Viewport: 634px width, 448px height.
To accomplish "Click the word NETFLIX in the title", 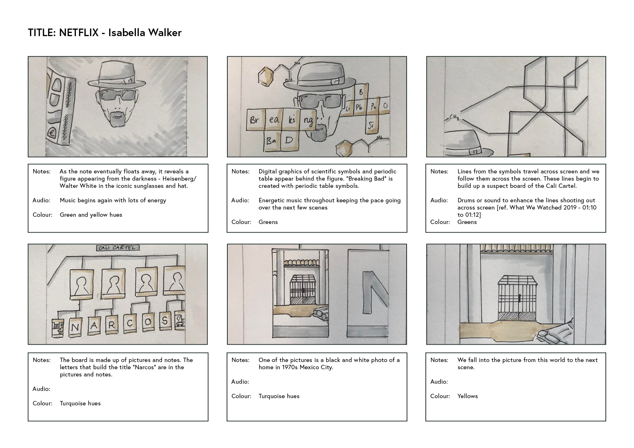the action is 78,33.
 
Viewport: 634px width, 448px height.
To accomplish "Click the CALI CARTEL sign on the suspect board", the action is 118,248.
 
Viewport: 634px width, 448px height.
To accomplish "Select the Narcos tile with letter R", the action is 111,325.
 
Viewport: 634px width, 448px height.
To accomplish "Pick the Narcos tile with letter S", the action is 165,320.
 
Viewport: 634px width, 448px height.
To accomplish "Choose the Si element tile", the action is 371,125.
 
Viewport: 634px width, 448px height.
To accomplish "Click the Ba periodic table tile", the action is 271,141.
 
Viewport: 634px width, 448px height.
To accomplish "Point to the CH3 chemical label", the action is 454,117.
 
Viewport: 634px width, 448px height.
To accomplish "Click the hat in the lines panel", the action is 467,144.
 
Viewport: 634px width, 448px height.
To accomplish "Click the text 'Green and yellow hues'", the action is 91,215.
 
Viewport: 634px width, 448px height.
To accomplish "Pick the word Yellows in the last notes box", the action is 467,396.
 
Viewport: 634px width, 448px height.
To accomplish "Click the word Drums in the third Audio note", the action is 466,201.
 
